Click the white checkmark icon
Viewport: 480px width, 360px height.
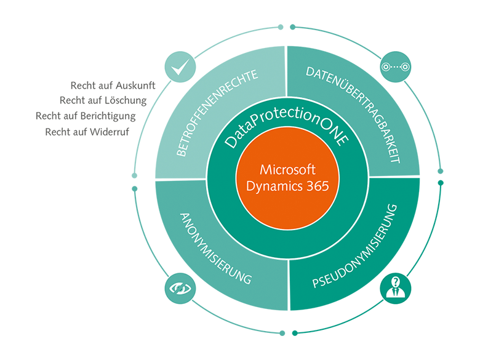180,68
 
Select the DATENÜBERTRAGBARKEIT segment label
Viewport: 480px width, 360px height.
354,114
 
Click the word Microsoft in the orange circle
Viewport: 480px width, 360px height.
287,169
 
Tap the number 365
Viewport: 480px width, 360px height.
318,185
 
